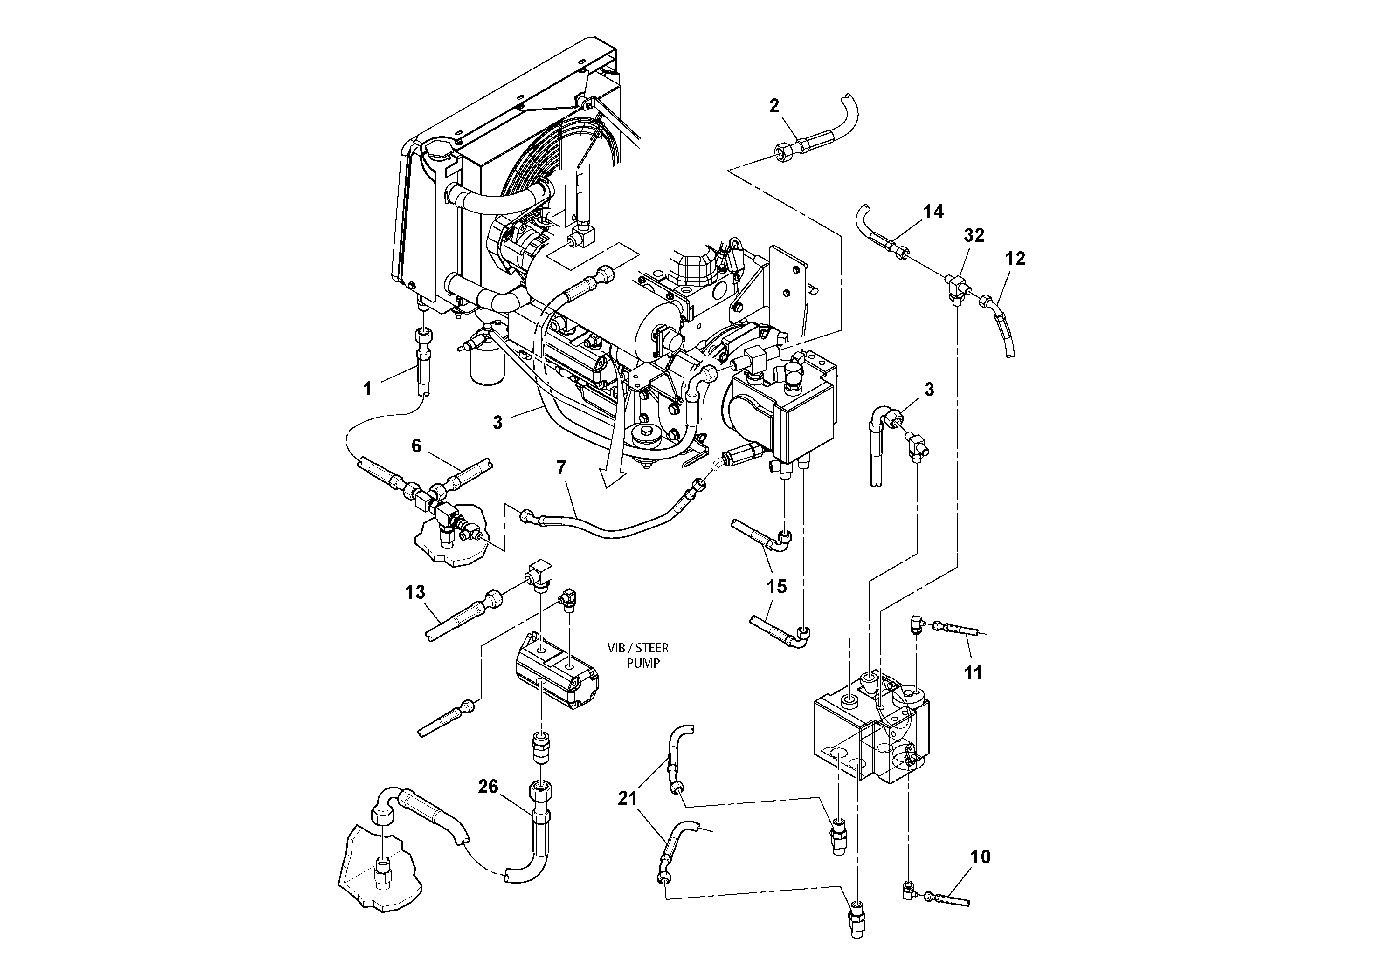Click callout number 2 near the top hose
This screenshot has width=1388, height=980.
[774, 106]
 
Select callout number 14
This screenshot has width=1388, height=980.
[933, 212]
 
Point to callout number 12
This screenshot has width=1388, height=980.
[1015, 259]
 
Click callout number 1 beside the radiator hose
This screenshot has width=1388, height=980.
[367, 389]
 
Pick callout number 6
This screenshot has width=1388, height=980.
[416, 446]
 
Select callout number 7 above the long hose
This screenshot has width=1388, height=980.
[562, 468]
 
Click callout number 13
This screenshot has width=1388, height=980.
[414, 592]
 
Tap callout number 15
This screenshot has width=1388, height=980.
[777, 586]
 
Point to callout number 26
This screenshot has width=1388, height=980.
[488, 786]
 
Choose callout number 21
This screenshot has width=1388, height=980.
[628, 798]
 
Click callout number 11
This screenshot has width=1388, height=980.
[973, 672]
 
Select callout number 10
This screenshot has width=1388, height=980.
[981, 857]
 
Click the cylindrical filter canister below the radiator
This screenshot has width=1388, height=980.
[487, 367]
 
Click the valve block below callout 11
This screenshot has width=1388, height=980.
[870, 734]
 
